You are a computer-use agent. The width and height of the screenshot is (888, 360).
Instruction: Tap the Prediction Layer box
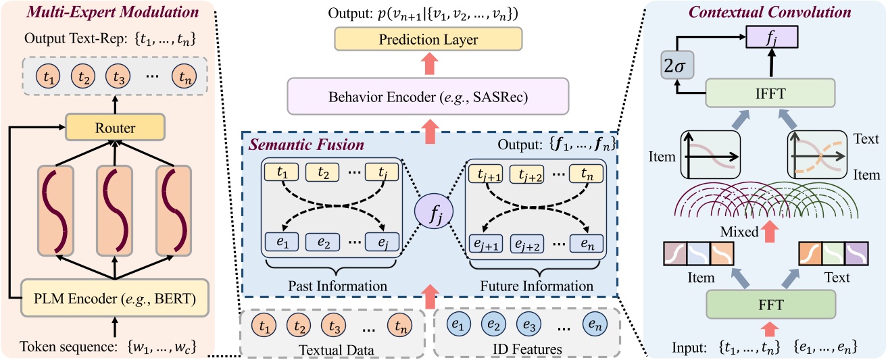coord(429,41)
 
